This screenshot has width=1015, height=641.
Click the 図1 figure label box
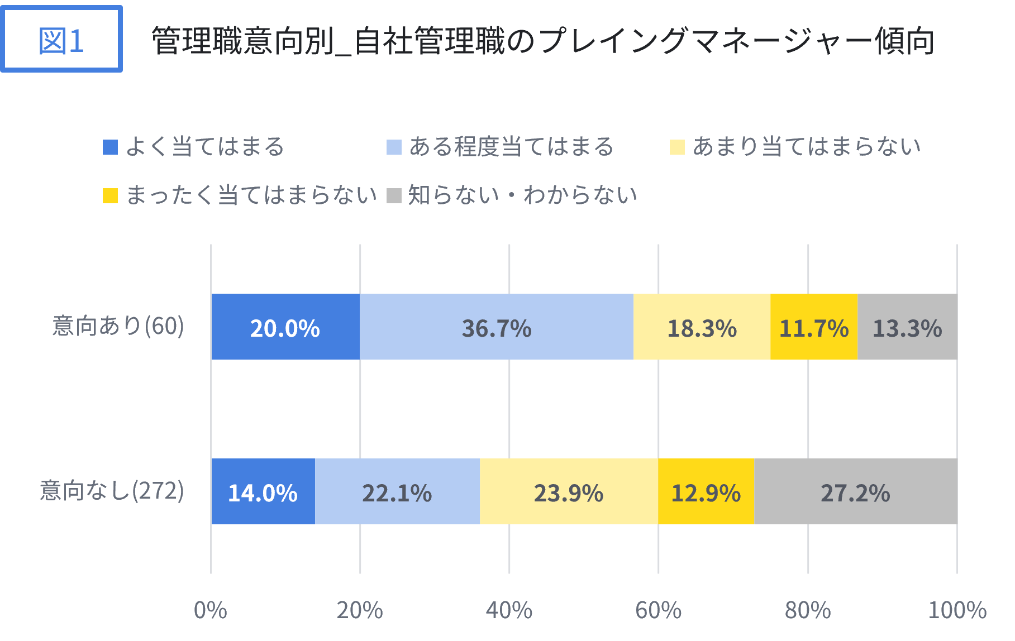(x=61, y=39)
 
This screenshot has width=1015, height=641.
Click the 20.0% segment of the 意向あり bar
(x=285, y=327)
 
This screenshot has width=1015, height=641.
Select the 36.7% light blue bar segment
(x=497, y=327)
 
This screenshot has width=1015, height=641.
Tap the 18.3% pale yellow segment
(x=702, y=327)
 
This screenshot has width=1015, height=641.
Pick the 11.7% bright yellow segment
(x=814, y=327)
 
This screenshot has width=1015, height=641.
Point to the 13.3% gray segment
(x=907, y=327)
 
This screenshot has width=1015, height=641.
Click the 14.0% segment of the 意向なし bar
(x=263, y=492)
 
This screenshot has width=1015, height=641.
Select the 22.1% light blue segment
(x=397, y=492)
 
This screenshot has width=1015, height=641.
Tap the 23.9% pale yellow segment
(x=569, y=492)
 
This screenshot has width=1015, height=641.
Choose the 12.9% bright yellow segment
(x=706, y=492)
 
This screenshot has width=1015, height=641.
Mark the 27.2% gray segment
(x=855, y=492)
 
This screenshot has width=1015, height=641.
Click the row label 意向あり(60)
(x=118, y=326)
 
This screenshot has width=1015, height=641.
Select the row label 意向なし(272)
(x=112, y=490)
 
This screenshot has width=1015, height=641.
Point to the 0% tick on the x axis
(x=211, y=610)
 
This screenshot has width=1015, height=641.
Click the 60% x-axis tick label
(x=658, y=610)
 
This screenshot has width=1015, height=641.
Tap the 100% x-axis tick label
(x=957, y=610)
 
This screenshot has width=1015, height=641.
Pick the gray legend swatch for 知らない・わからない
(x=394, y=196)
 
